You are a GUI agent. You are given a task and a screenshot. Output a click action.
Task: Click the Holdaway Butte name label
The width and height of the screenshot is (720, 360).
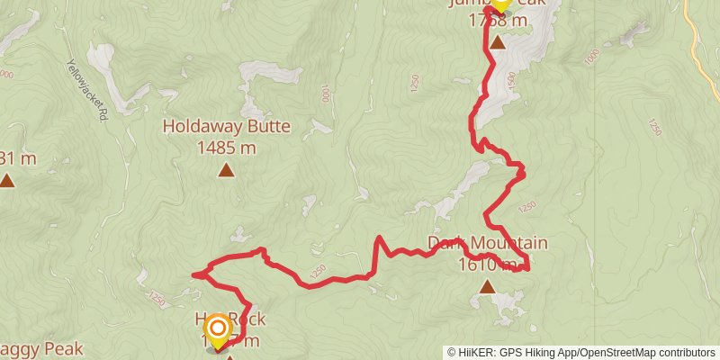click(x=226, y=127)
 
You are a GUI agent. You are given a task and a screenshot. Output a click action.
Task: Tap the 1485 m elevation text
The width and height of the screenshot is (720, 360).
click(x=226, y=147)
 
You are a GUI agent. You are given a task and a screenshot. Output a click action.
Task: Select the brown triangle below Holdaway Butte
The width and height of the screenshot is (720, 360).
click(x=226, y=169)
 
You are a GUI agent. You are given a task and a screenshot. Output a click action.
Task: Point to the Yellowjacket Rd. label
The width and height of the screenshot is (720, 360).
click(x=86, y=90)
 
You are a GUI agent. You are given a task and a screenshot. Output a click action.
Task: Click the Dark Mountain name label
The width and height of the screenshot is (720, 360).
click(x=488, y=243)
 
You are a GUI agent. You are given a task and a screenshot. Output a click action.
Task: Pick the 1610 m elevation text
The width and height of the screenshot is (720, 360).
click(x=487, y=265)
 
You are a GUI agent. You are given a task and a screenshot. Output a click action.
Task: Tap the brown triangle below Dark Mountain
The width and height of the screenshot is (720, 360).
click(x=487, y=287)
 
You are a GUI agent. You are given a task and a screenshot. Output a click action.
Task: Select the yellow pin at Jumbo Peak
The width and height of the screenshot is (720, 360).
click(x=499, y=4)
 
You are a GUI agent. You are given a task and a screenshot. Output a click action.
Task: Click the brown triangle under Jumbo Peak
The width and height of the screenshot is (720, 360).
click(x=497, y=41)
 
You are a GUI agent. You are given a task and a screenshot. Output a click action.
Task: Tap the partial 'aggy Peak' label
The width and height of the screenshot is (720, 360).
click(x=40, y=348)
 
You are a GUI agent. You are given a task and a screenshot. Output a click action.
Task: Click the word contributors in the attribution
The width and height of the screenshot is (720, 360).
click(x=686, y=353)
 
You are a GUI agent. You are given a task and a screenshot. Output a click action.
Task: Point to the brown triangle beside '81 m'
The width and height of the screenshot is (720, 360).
click(x=7, y=181)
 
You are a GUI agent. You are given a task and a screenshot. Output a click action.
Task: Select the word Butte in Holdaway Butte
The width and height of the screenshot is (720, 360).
click(x=267, y=127)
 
